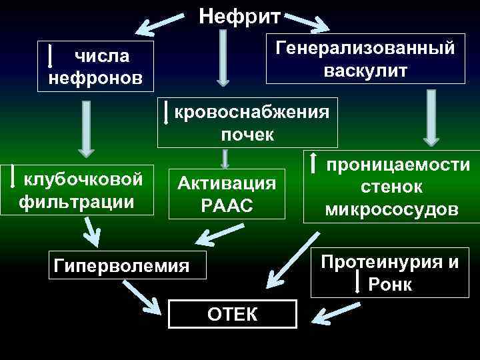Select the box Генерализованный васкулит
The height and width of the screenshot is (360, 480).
365,59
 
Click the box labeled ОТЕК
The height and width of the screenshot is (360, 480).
232,313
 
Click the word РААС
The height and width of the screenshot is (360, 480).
227,206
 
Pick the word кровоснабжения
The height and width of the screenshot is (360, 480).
252,111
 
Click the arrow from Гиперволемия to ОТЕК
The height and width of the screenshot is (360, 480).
143,297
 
